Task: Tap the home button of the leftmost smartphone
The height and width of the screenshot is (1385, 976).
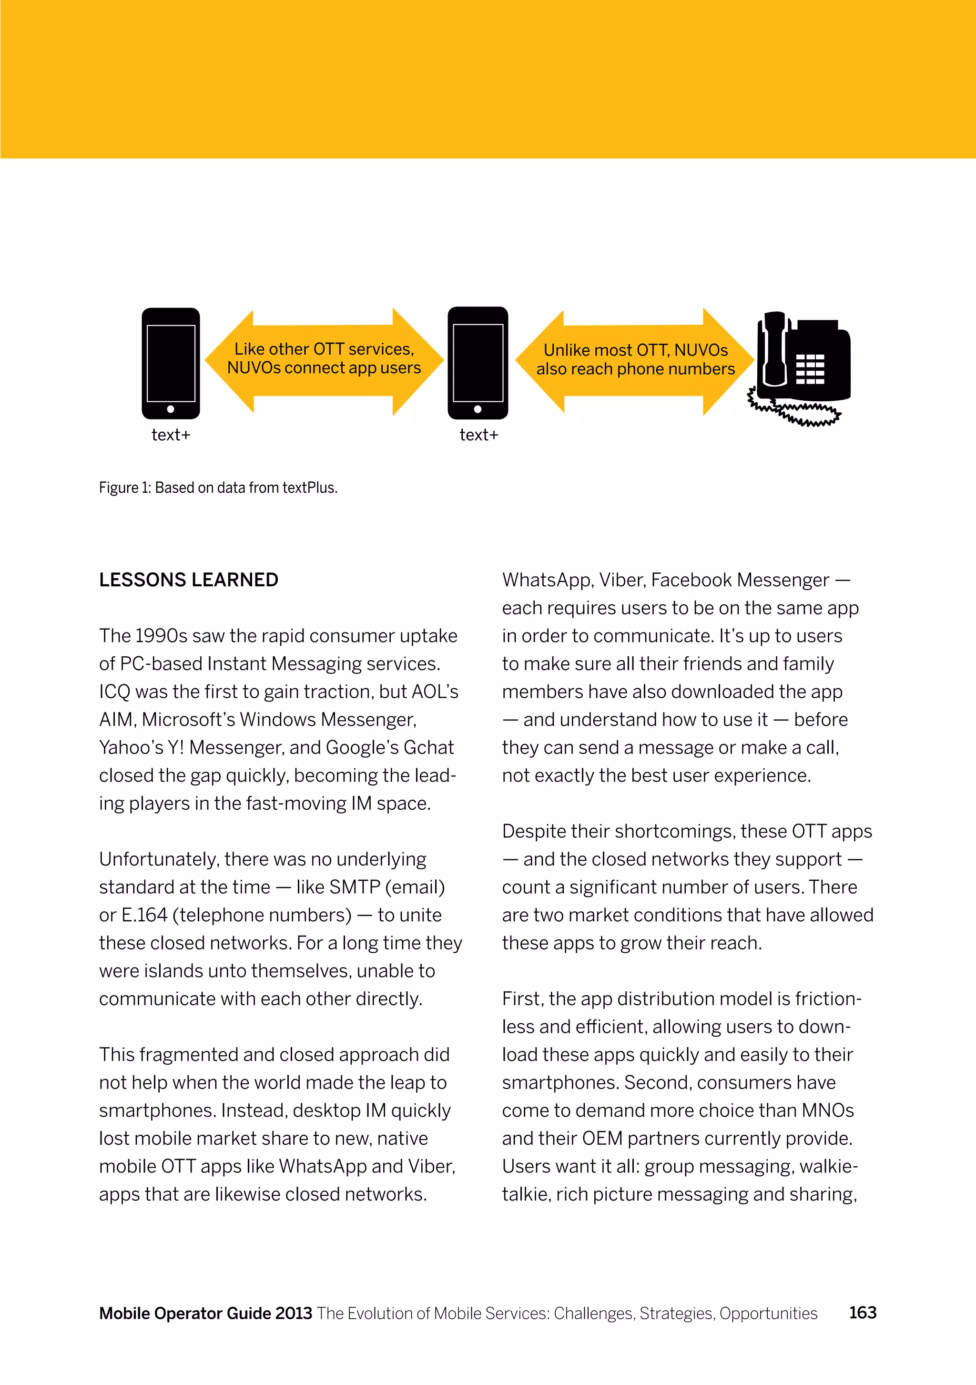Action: pos(171,409)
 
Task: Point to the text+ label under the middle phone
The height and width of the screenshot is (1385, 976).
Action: pos(478,435)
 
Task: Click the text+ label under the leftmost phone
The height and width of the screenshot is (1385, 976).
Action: pos(171,435)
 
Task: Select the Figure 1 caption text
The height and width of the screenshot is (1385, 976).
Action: pos(218,488)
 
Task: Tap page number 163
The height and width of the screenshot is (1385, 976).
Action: pos(863,1313)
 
